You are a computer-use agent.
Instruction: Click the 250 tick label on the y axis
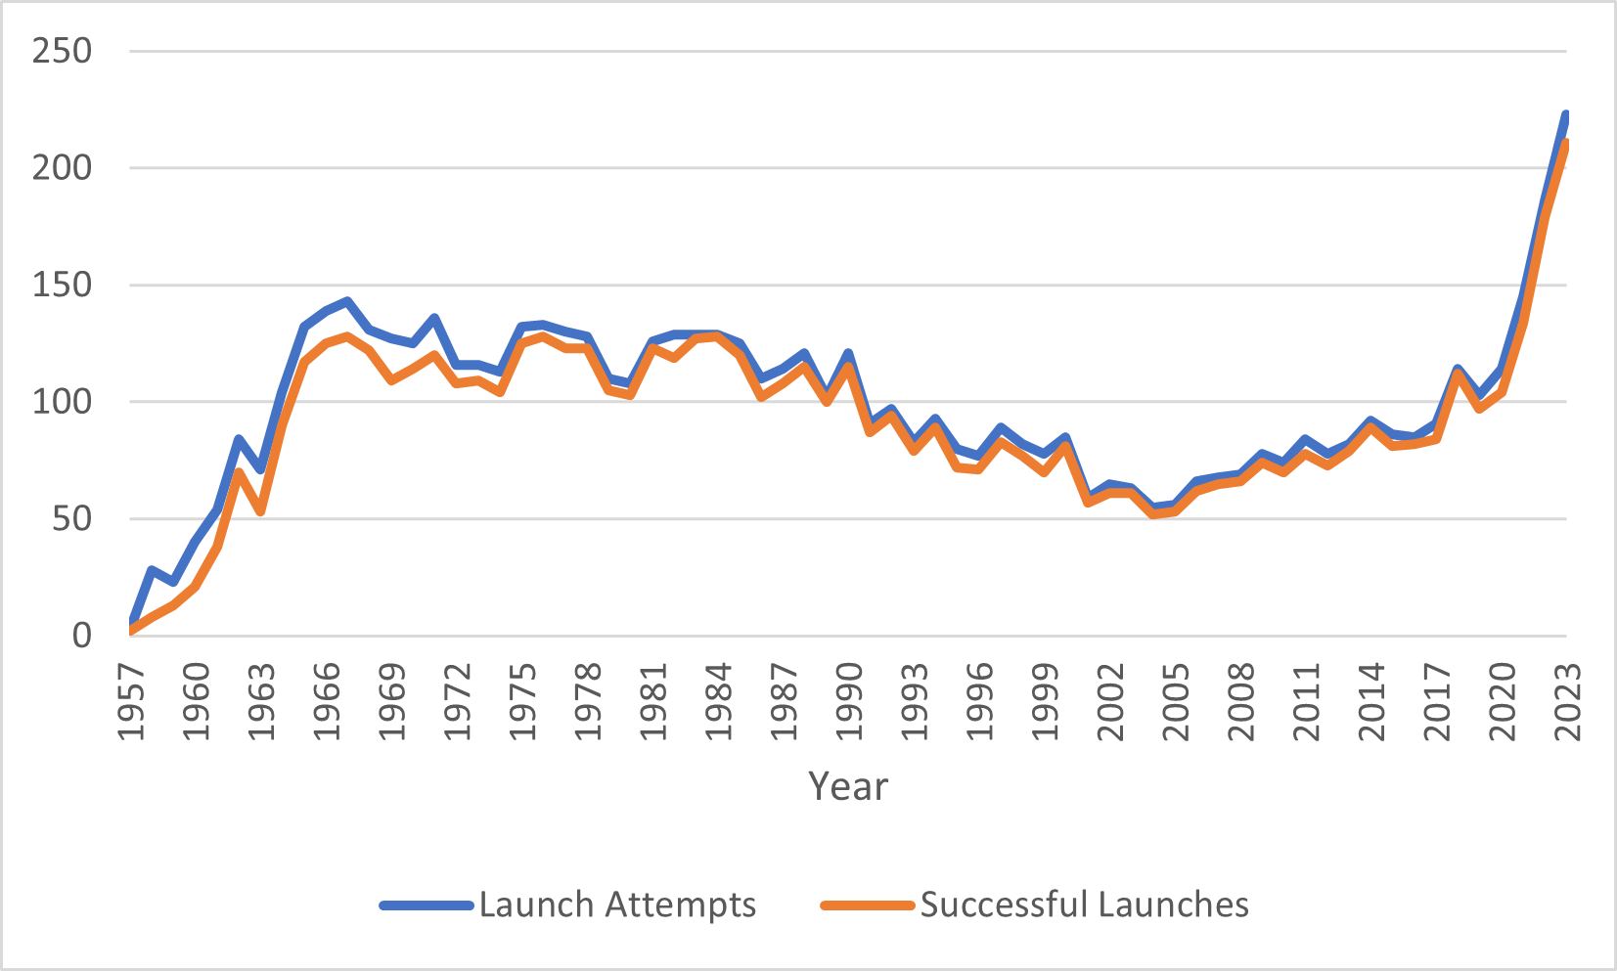pyautogui.click(x=62, y=51)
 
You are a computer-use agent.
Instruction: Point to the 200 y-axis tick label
pyautogui.click(x=62, y=168)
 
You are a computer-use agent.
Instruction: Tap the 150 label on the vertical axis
pyautogui.click(x=62, y=286)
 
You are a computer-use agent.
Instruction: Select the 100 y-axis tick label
pyautogui.click(x=62, y=402)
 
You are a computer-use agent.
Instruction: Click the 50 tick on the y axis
pyautogui.click(x=73, y=519)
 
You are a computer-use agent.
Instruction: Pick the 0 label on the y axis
pyautogui.click(x=82, y=637)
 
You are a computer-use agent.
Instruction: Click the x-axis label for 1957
pyautogui.click(x=132, y=701)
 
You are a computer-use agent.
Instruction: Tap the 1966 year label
pyautogui.click(x=328, y=701)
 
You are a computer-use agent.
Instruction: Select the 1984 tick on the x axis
pyautogui.click(x=719, y=701)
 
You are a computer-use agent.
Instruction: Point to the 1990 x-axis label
pyautogui.click(x=850, y=701)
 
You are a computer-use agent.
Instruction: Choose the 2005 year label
pyautogui.click(x=1176, y=701)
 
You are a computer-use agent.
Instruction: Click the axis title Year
pyautogui.click(x=848, y=786)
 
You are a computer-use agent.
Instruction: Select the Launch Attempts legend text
pyautogui.click(x=617, y=905)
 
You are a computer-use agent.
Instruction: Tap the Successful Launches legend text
pyautogui.click(x=1084, y=905)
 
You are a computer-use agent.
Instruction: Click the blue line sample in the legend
pyautogui.click(x=427, y=905)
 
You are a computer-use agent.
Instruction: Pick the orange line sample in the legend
pyautogui.click(x=868, y=905)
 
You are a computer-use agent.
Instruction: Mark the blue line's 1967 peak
pyautogui.click(x=347, y=301)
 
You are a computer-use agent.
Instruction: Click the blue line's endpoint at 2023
pyautogui.click(x=1566, y=115)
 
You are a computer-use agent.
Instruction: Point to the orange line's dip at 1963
pyautogui.click(x=261, y=511)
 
